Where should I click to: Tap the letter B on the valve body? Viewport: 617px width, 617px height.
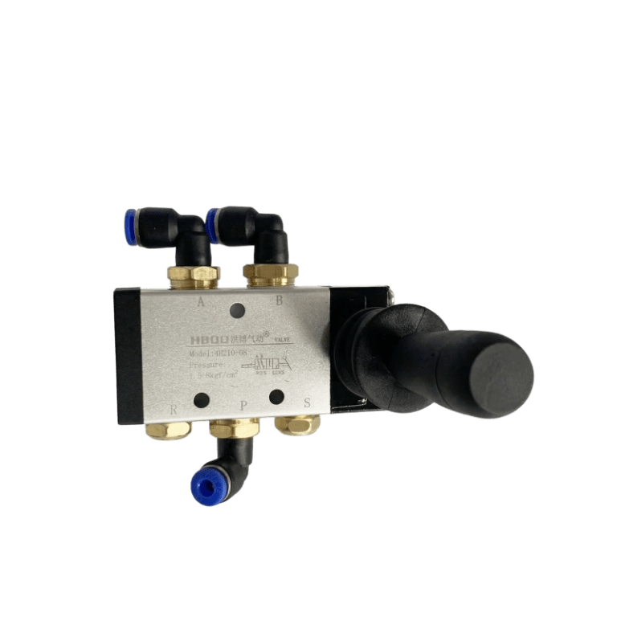pos(280,301)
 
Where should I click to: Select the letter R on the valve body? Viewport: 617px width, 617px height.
pos(174,408)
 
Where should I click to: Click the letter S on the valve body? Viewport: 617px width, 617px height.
pos(306,404)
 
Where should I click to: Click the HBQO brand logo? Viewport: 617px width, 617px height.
pos(205,340)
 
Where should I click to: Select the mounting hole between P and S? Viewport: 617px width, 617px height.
pos(276,395)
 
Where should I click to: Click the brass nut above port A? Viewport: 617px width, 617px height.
pos(194,276)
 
